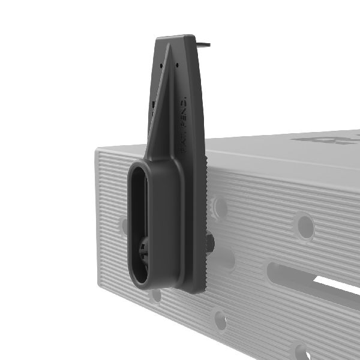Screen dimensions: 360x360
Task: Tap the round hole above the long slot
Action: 305,226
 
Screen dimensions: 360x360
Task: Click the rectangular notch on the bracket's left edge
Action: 153,108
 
